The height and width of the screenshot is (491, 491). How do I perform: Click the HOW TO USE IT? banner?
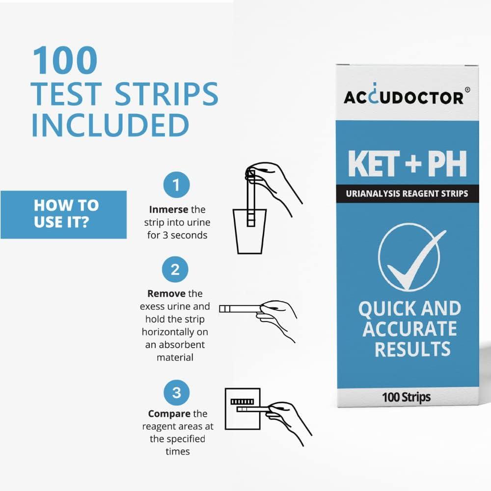64,215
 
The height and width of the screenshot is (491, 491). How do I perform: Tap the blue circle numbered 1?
176,185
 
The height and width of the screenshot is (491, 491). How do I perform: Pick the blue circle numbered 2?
175,269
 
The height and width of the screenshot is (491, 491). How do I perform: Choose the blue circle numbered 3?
176,392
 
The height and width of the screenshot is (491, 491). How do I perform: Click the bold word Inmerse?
168,210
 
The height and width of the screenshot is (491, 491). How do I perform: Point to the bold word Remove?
166,294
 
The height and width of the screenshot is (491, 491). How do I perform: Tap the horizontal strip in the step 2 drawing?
240,308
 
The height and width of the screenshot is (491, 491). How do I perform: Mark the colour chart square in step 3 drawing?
242,409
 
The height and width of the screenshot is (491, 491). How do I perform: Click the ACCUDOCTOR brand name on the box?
403,97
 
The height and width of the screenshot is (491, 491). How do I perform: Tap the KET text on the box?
373,165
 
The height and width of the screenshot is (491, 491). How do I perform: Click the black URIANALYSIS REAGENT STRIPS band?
408,193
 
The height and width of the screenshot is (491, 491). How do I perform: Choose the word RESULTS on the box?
412,348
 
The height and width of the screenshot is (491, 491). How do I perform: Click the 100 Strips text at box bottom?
407,397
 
